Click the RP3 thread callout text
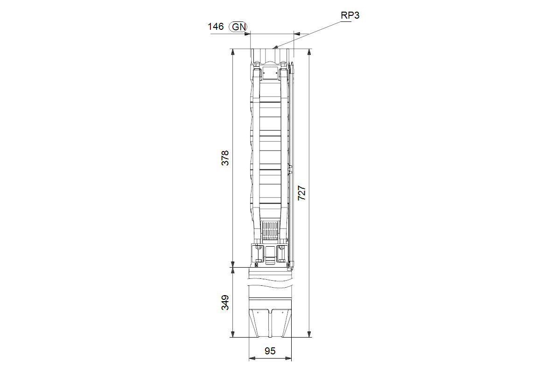tap(350, 15)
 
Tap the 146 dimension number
tap(216, 27)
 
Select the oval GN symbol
tap(238, 27)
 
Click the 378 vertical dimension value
tap(225, 158)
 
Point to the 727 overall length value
tap(302, 193)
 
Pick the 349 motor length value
tap(225, 303)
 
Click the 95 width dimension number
tap(270, 351)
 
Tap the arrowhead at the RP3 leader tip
tap(275, 47)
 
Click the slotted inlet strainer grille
tap(270, 230)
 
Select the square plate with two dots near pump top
tap(270, 73)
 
